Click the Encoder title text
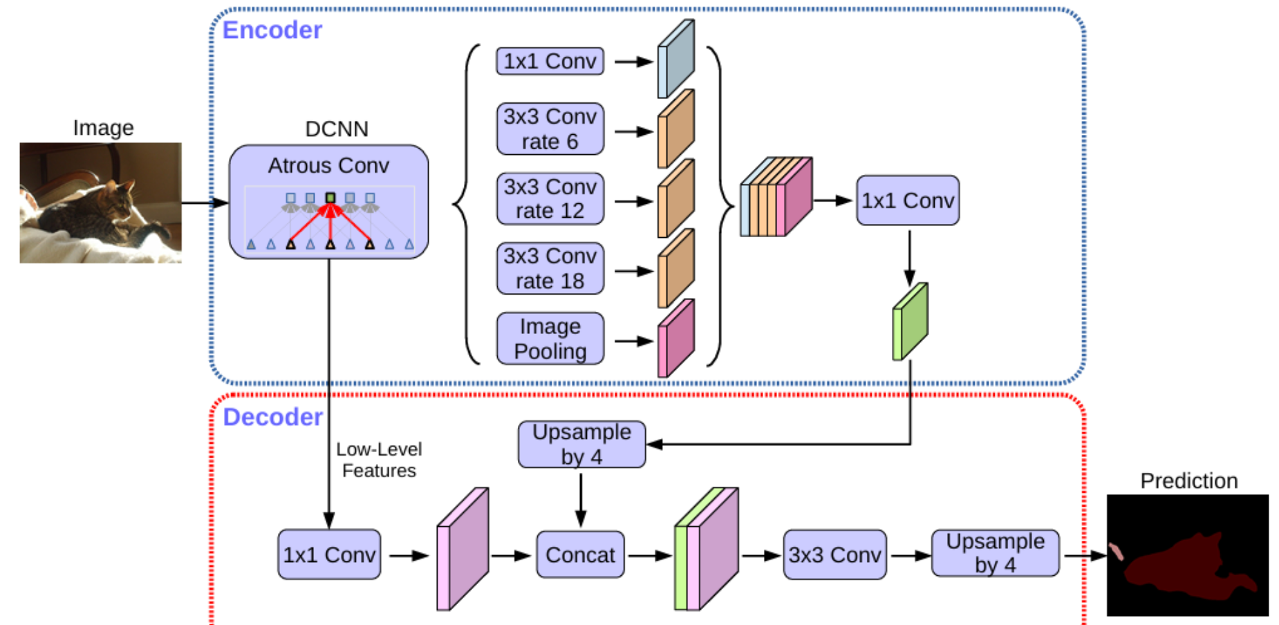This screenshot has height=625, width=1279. pyautogui.click(x=272, y=30)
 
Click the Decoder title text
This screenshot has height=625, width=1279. pyautogui.click(x=272, y=417)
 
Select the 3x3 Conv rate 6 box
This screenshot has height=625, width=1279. pyautogui.click(x=550, y=129)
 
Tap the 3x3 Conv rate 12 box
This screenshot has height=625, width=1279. pyautogui.click(x=550, y=199)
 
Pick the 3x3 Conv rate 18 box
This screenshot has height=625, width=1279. pyautogui.click(x=550, y=269)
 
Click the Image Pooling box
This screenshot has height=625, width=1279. pyautogui.click(x=550, y=339)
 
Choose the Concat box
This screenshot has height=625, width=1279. pyautogui.click(x=580, y=554)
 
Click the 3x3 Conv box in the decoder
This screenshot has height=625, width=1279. pyautogui.click(x=834, y=554)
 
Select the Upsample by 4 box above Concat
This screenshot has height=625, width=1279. pyautogui.click(x=581, y=445)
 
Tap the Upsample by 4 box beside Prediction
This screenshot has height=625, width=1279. pyautogui.click(x=995, y=553)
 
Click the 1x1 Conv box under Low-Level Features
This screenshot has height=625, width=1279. pyautogui.click(x=329, y=554)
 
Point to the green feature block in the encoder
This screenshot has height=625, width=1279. pyautogui.click(x=910, y=322)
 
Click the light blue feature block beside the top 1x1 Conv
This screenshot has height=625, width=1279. pyautogui.click(x=675, y=59)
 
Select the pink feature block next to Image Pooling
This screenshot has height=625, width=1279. pyautogui.click(x=675, y=339)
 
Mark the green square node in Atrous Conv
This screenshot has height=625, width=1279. pyautogui.click(x=330, y=198)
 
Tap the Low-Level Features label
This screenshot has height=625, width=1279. pyautogui.click(x=379, y=460)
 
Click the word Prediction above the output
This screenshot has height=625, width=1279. pyautogui.click(x=1188, y=481)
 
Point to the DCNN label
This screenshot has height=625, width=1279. pyautogui.click(x=337, y=129)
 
